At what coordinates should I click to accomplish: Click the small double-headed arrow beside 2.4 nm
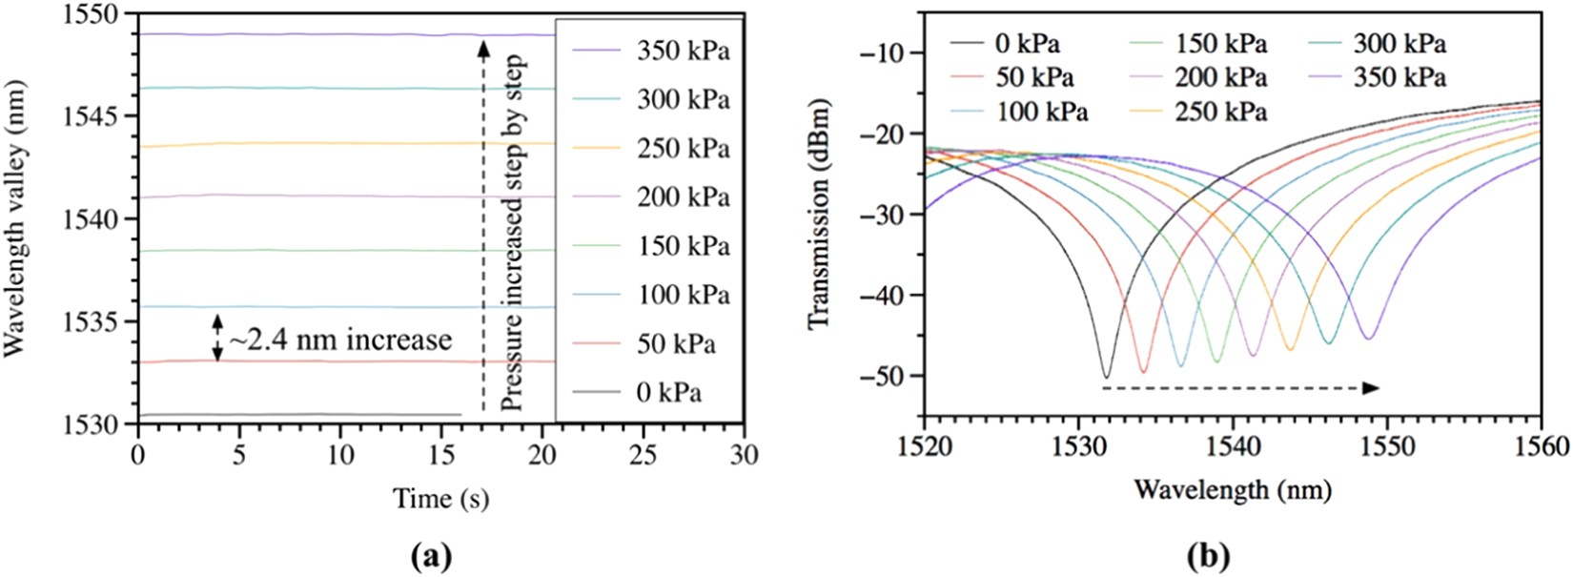(217, 338)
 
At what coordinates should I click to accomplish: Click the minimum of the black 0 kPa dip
(1106, 376)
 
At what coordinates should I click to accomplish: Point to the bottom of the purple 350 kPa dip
(1368, 338)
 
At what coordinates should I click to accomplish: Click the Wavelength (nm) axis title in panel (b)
(1232, 490)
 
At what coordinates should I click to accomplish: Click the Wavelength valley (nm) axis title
(15, 219)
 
